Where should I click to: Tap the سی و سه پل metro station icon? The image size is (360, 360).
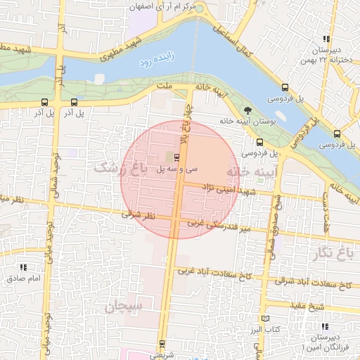pos(176,157)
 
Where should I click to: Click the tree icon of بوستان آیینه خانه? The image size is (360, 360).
pos(247,110)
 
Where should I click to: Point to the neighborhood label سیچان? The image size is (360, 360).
pos(124,307)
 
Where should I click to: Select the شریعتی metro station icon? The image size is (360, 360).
pos(162,344)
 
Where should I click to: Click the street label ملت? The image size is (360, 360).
pos(166,86)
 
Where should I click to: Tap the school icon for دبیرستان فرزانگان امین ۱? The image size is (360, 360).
pos(325,326)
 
